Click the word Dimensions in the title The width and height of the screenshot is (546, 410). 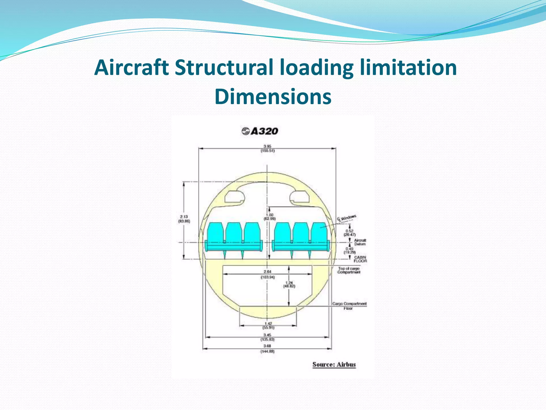point(273,96)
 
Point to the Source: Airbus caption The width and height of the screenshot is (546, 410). point(334,364)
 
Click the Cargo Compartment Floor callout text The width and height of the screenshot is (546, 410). point(349,306)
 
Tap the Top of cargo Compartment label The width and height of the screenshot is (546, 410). point(349,270)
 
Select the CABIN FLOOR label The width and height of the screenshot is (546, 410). point(360,259)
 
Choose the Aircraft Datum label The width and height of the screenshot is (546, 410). point(360,242)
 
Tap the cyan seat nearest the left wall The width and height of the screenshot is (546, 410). point(215,234)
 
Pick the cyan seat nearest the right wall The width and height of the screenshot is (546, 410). point(319,234)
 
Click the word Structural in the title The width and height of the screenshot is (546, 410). point(224,67)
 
